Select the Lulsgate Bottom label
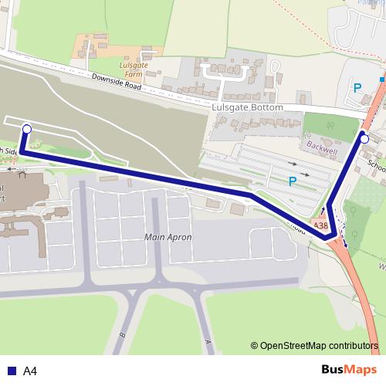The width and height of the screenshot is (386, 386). click(x=247, y=108)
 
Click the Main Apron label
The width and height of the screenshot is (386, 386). click(x=168, y=237)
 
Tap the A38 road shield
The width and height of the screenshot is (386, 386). click(x=320, y=225)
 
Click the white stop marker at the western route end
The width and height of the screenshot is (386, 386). click(x=27, y=130)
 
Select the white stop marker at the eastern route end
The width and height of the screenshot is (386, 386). click(x=364, y=139)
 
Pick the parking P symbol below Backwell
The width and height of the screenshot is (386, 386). click(x=292, y=181)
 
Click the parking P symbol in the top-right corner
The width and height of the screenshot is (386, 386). click(x=357, y=88)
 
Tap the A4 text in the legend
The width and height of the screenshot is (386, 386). click(x=30, y=371)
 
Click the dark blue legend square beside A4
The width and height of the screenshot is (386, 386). click(x=12, y=371)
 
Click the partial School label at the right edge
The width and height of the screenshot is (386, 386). click(x=377, y=164)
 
